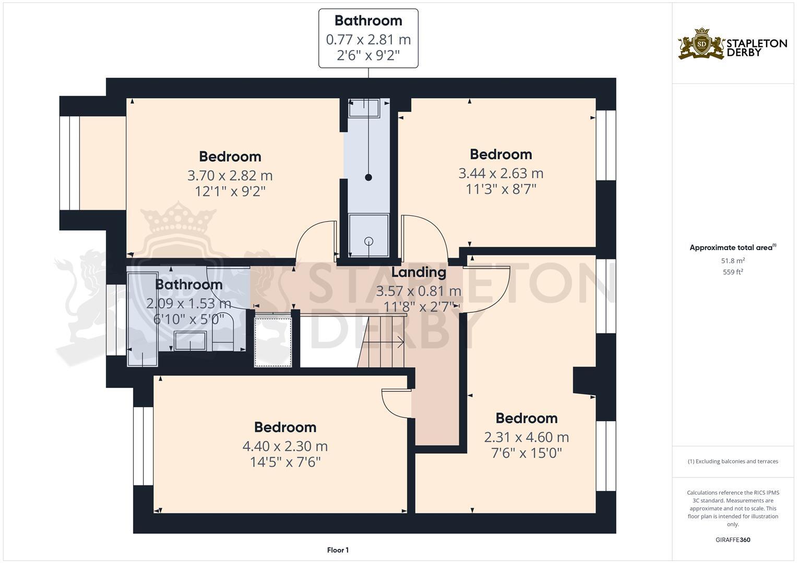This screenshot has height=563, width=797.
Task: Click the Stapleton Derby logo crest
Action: (701, 44)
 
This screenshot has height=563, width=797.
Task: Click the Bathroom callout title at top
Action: (368, 21)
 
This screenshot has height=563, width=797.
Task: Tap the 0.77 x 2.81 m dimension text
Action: (368, 40)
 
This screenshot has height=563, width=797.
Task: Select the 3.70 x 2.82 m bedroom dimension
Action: (230, 176)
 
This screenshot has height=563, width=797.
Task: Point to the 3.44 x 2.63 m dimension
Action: (501, 173)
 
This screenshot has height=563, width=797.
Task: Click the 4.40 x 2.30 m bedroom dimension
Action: (284, 446)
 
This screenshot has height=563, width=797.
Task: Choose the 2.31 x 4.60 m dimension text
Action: (526, 437)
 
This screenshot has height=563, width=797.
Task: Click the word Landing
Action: (419, 272)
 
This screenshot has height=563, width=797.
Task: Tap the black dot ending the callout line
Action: (368, 177)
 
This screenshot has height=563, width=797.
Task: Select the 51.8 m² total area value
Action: (733, 261)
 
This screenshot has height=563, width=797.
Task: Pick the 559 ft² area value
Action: (733, 272)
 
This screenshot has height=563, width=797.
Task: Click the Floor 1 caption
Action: (338, 550)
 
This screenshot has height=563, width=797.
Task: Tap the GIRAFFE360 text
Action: (733, 540)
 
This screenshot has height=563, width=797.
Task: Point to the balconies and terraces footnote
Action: (733, 461)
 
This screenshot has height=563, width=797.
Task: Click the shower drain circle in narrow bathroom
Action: (369, 241)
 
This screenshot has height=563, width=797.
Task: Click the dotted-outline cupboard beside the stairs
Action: (272, 340)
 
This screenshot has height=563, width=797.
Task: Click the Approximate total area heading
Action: (733, 248)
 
